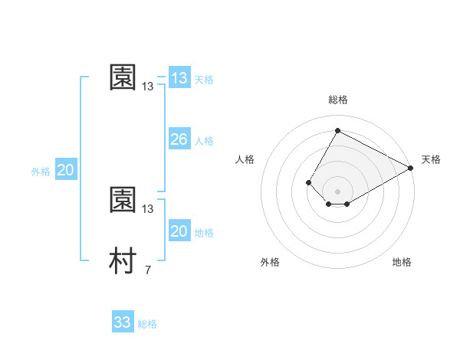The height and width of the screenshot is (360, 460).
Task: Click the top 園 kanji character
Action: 123,77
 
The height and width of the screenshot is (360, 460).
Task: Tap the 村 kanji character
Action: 123,261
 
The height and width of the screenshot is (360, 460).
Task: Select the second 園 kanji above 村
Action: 123,200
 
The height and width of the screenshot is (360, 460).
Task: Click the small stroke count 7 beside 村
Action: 147,270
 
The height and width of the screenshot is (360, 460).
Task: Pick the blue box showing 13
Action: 179,78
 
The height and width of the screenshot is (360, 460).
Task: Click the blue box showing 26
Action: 179,139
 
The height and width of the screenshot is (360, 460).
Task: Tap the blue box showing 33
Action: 123,322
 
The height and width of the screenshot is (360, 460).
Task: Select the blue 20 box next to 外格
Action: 65,170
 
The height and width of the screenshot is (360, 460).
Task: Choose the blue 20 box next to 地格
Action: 179,231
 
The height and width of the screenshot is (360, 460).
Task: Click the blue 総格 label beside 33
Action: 147,324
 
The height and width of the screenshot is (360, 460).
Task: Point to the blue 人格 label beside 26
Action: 204,141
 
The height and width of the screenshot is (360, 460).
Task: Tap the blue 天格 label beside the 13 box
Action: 204,80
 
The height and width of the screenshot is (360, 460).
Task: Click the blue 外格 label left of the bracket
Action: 41,172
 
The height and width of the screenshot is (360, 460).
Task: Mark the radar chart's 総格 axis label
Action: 337,100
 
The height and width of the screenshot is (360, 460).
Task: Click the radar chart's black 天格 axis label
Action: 431,159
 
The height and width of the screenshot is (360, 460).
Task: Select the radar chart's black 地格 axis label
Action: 402,262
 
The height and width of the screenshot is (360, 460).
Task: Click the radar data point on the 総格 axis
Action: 337,130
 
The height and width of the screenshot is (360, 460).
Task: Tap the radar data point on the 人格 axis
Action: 308,182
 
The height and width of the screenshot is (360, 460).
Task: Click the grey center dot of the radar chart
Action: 337,191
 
